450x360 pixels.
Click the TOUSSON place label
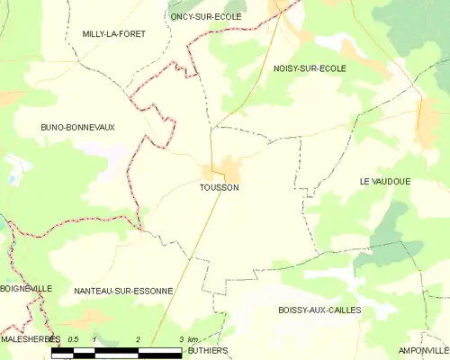click(220, 187)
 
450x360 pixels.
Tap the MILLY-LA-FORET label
click(113, 33)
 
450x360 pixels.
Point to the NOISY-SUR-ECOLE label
click(310, 68)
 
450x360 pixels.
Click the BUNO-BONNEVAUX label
click(77, 128)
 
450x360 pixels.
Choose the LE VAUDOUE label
click(384, 181)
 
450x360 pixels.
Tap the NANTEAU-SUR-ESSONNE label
click(124, 291)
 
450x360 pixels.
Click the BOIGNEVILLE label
click(26, 288)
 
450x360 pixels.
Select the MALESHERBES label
click(30, 339)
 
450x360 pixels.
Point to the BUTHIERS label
click(208, 350)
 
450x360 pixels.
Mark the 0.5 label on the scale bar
click(73, 339)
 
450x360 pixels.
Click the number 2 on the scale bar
click(138, 339)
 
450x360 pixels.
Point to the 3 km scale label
click(187, 339)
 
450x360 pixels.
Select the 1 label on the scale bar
click(94, 339)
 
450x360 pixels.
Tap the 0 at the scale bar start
click(54, 339)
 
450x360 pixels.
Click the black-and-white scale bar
click(117, 352)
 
